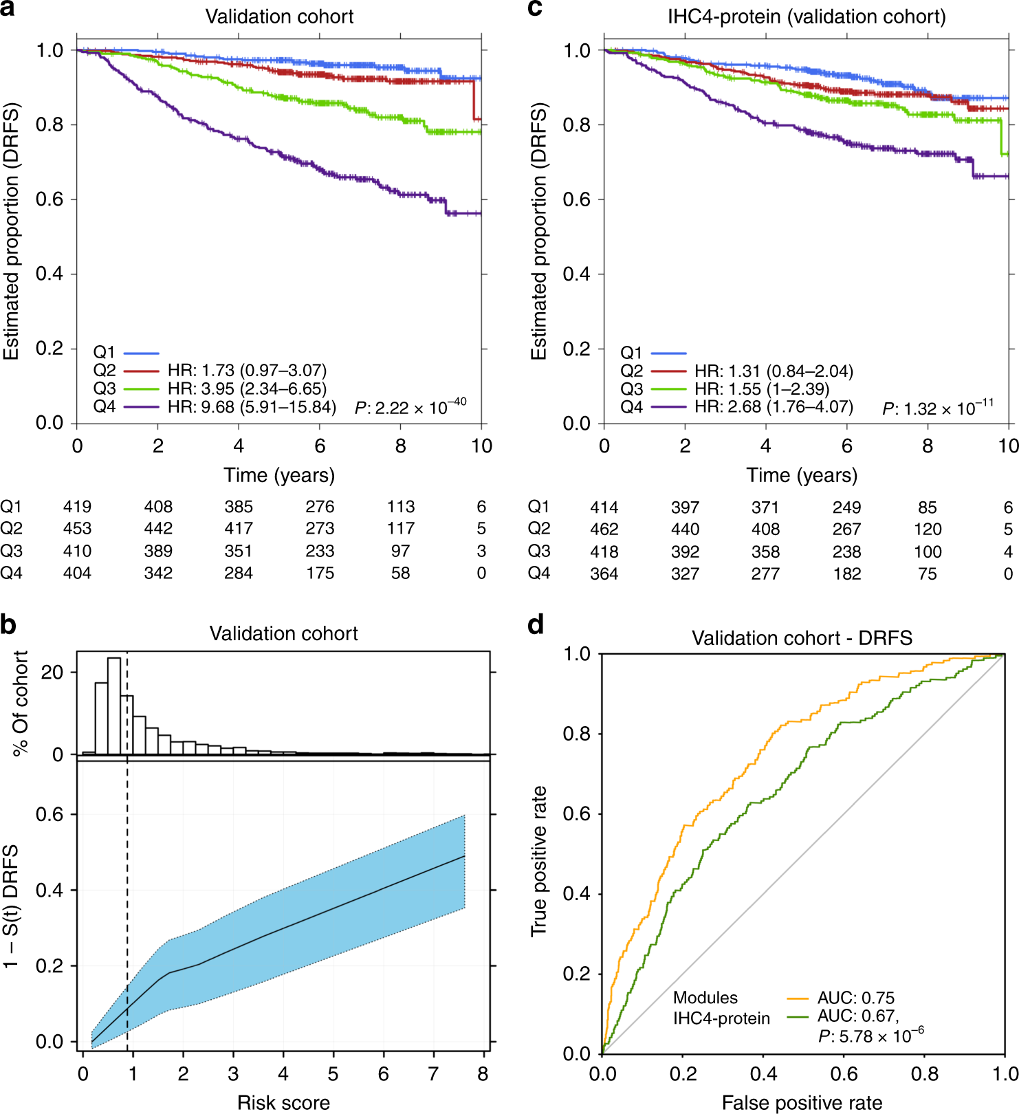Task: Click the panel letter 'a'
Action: click(8, 10)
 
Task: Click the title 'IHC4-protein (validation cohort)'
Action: click(807, 17)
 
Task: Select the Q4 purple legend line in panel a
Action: click(142, 407)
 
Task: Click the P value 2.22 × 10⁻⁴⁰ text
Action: click(410, 407)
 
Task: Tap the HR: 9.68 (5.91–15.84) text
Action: click(252, 407)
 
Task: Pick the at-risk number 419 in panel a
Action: click(77, 507)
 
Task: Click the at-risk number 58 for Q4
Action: click(401, 573)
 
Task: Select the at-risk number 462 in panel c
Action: click(604, 529)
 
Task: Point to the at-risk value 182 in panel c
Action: click(846, 574)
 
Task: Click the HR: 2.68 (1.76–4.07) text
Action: click(774, 407)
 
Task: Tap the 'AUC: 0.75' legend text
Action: click(856, 998)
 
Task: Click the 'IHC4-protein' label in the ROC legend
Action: click(721, 1018)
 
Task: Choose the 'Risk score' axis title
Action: click(283, 1103)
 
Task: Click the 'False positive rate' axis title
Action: click(802, 1103)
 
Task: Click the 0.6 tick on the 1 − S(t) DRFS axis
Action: click(50, 814)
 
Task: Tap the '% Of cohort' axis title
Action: click(21, 703)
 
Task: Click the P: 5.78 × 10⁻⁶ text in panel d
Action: click(870, 1036)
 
